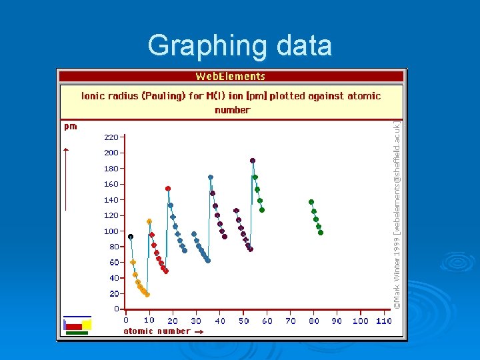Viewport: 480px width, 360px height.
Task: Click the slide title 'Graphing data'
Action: coord(239,46)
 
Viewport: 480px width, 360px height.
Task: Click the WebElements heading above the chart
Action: coord(230,77)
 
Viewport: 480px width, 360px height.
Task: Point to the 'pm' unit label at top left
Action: coord(70,126)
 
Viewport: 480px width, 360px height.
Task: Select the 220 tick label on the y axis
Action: coord(111,137)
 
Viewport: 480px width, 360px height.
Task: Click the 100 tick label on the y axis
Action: coord(111,231)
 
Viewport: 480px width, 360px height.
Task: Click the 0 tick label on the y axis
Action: coord(115,309)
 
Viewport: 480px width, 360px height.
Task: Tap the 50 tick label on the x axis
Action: coord(243,321)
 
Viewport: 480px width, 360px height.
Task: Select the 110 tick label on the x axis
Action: coord(383,321)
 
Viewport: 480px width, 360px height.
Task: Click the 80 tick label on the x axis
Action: coord(313,321)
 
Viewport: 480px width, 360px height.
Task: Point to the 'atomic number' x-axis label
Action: coord(157,331)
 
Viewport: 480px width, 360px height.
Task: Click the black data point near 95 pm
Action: coord(131,237)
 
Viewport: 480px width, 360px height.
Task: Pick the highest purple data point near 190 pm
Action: coord(253,161)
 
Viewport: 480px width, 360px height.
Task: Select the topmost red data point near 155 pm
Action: coord(168,189)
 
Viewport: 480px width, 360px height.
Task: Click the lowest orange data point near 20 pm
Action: coord(147,295)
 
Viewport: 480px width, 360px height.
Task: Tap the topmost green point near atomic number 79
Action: coord(311,201)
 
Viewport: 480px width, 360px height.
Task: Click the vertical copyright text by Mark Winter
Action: coord(396,213)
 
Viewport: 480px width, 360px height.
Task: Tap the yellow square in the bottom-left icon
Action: coord(87,324)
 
